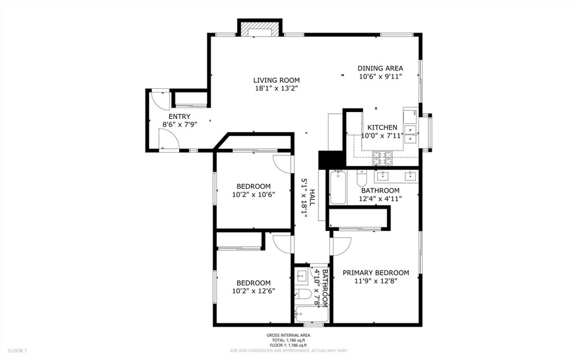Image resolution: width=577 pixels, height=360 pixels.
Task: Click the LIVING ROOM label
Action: pos(276,80)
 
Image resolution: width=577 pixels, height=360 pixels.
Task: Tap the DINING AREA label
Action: pos(380,68)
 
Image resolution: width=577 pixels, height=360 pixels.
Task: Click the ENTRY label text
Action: pos(180,117)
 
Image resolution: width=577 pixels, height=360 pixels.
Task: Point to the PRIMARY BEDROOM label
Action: pos(376,273)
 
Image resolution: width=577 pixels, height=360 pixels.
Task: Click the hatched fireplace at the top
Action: pos(260,28)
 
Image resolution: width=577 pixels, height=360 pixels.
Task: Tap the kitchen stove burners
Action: pos(383,158)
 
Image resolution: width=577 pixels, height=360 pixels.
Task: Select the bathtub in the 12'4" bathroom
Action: pos(338,187)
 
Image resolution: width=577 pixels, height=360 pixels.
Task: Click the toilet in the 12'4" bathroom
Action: pos(362,178)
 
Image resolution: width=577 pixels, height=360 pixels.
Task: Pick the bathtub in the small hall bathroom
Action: pos(311,315)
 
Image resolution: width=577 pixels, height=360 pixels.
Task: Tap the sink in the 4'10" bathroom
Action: pos(302,275)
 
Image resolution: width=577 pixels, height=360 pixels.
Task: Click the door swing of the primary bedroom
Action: pos(341,246)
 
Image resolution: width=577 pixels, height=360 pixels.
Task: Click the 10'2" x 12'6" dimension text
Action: pos(254,291)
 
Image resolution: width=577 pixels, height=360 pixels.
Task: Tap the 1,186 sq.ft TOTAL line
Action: pos(288,340)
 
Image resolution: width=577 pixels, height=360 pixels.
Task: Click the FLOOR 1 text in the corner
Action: pos(17,351)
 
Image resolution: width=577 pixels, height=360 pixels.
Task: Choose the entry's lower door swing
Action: pos(169,140)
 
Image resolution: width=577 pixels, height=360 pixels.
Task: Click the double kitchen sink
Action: pos(410,134)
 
